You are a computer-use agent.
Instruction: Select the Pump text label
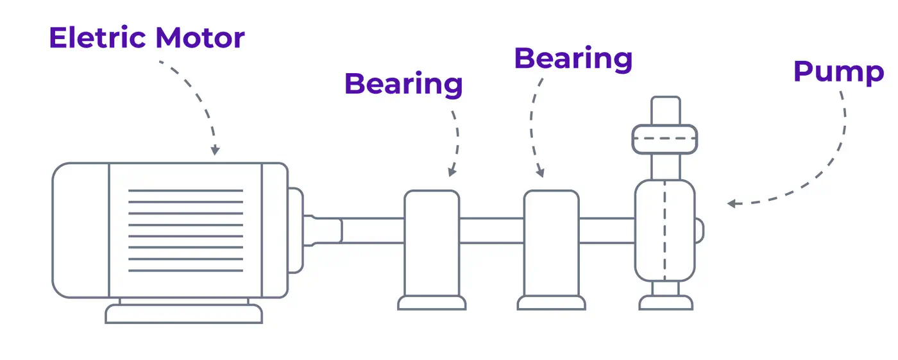coord(838,72)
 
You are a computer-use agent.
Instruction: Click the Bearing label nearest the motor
coord(403,84)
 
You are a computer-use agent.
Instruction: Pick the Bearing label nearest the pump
coord(573,58)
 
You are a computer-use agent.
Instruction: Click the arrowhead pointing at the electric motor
coord(215,150)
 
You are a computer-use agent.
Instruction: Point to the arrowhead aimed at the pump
coord(731,203)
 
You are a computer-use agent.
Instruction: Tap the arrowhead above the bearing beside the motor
coord(452,171)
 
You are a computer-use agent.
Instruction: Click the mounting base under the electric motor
coord(184,314)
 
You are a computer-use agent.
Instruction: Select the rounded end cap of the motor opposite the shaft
coord(80,230)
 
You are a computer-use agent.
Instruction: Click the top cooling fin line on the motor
coord(185,191)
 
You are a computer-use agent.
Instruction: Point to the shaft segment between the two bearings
coord(491,230)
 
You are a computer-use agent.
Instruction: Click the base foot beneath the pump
coord(665,302)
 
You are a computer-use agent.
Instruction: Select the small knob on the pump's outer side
coord(700,230)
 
